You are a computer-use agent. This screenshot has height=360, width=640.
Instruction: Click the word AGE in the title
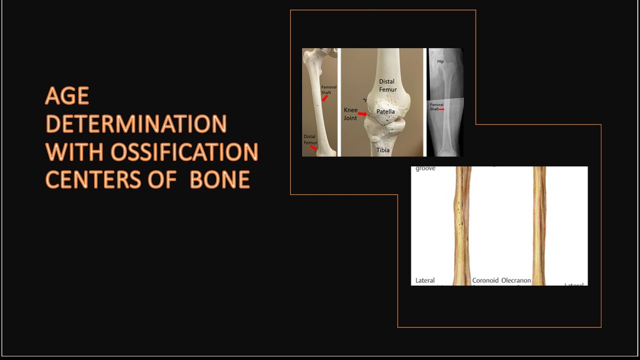point(67,95)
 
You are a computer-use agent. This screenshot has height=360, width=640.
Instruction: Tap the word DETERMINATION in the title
point(136,124)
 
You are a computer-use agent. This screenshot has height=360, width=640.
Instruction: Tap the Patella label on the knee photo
point(385,111)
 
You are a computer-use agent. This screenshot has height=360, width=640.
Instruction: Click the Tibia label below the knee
point(383,150)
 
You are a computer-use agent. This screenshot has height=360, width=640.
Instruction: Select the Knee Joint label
point(350,114)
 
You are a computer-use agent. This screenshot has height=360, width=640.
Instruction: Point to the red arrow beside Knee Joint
point(362,114)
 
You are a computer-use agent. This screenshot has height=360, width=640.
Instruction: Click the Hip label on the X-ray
point(440,61)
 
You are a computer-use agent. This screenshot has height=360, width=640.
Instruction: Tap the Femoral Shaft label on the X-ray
point(436,106)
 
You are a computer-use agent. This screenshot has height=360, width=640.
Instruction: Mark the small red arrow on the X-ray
point(441,109)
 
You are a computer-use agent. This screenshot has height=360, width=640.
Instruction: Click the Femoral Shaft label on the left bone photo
point(328,89)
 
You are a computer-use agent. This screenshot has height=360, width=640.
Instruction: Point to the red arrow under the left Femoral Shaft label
point(324,98)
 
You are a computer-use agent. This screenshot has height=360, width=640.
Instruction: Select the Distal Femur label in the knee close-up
point(387,85)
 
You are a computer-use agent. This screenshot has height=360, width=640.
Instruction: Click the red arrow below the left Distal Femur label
point(313,148)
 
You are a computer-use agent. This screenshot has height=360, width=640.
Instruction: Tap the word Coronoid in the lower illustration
point(485,280)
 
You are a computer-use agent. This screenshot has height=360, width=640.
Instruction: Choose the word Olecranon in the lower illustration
point(516,280)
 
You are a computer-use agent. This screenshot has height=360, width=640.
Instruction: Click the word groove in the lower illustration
point(425,168)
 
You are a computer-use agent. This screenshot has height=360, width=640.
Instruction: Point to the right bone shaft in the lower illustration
point(539,225)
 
